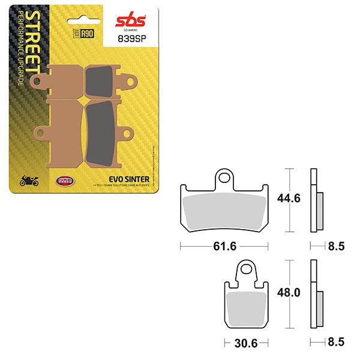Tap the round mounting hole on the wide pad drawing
coord(224,178)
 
